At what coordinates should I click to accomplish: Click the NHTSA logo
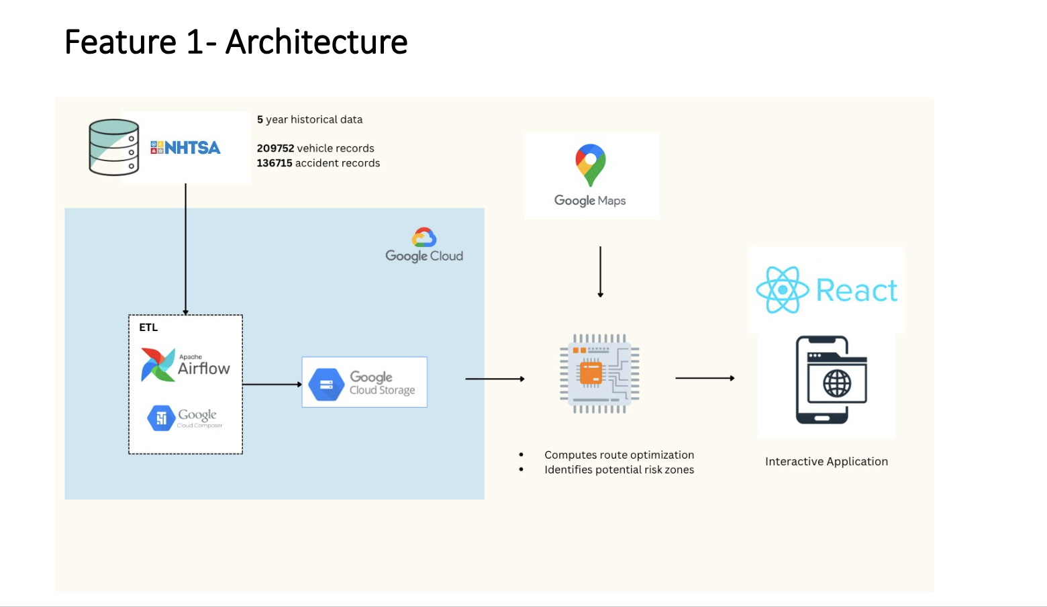pyautogui.click(x=186, y=148)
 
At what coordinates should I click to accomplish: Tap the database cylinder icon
pyautogui.click(x=114, y=147)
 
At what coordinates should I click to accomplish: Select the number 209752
pyautogui.click(x=275, y=148)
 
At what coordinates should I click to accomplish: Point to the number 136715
pyautogui.click(x=275, y=163)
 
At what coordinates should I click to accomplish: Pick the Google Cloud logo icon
pyautogui.click(x=424, y=238)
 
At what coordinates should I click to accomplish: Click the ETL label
pyautogui.click(x=148, y=328)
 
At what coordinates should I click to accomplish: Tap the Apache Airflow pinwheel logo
pyautogui.click(x=157, y=365)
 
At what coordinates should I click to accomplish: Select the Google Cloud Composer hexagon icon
pyautogui.click(x=161, y=418)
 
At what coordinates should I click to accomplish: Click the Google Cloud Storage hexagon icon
pyautogui.click(x=326, y=385)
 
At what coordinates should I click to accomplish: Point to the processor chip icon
pyautogui.click(x=599, y=373)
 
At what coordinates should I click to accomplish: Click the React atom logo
pyautogui.click(x=782, y=290)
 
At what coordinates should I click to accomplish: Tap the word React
pyautogui.click(x=856, y=291)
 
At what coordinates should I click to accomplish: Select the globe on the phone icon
pyautogui.click(x=837, y=385)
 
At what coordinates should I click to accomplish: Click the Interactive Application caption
pyautogui.click(x=826, y=461)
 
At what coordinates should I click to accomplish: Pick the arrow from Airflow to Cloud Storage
pyautogui.click(x=272, y=385)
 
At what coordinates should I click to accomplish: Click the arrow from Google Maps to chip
pyautogui.click(x=600, y=272)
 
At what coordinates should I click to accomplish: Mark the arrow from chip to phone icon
pyautogui.click(x=705, y=378)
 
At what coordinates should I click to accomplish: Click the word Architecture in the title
pyautogui.click(x=316, y=42)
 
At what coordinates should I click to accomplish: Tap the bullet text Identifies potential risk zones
pyautogui.click(x=619, y=470)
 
